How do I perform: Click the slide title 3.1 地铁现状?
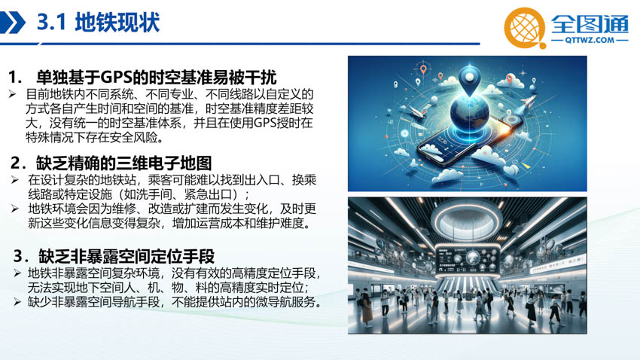[x=99, y=22]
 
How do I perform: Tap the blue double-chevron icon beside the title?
[x=12, y=23]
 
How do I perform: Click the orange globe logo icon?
[x=525, y=28]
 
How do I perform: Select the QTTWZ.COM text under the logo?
[x=590, y=40]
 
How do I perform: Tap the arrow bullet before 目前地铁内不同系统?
[x=12, y=94]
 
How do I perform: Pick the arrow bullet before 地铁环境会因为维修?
[x=15, y=209]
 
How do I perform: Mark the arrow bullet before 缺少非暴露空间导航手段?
[x=17, y=302]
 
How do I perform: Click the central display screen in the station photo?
[x=468, y=259]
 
